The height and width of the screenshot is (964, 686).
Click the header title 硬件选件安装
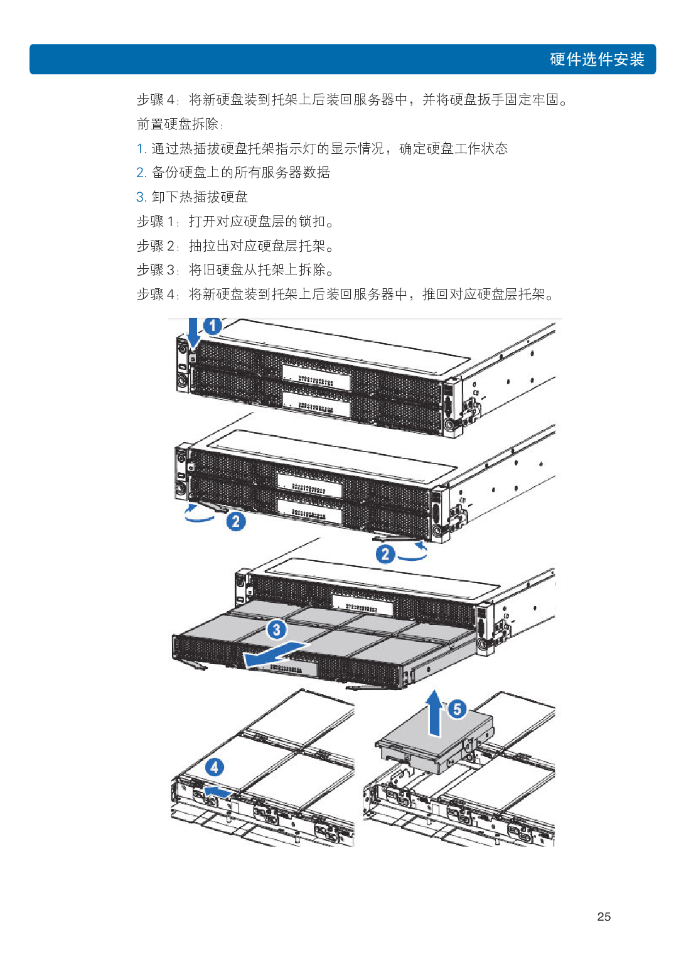pos(597,60)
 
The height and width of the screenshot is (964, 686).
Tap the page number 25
pos(604,916)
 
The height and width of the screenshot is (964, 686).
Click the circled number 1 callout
pos(213,325)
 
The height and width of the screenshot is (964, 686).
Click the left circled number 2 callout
pos(236,521)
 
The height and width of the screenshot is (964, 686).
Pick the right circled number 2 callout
pos(385,554)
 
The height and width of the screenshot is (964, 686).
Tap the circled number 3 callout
pos(277,629)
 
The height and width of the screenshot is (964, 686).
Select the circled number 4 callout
pos(215,767)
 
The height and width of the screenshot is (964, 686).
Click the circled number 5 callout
pos(457,709)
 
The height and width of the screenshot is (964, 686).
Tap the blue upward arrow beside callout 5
pos(434,712)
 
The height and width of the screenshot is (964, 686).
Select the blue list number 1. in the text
pos(141,149)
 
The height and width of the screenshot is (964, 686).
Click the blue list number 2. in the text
pos(141,173)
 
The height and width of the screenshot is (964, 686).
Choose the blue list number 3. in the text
pos(141,197)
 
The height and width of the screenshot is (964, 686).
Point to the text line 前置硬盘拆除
pos(180,124)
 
